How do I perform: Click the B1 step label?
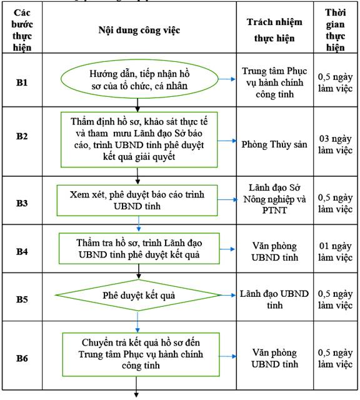point(22,82)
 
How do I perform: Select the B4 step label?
point(22,251)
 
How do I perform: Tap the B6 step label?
point(22,358)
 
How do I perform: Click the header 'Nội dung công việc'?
point(139,31)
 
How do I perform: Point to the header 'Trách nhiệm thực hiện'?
point(274,30)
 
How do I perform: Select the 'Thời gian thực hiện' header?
point(335,30)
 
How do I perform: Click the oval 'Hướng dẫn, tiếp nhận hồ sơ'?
point(139,79)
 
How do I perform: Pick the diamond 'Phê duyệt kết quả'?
point(139,295)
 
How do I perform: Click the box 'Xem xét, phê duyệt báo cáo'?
point(137,201)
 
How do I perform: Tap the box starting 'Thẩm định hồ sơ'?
point(139,139)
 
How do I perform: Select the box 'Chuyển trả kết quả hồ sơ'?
point(141,354)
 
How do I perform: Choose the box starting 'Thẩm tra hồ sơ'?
point(139,249)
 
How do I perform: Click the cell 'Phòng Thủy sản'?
point(274,144)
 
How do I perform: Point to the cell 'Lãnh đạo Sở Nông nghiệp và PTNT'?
point(274,199)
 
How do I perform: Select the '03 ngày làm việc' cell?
point(335,144)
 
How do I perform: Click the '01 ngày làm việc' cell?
point(335,251)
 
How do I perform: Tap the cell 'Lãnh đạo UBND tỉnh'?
point(274,299)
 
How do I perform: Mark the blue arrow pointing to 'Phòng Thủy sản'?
point(227,141)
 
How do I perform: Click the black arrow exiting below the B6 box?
point(136,387)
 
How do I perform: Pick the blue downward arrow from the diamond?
point(137,322)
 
